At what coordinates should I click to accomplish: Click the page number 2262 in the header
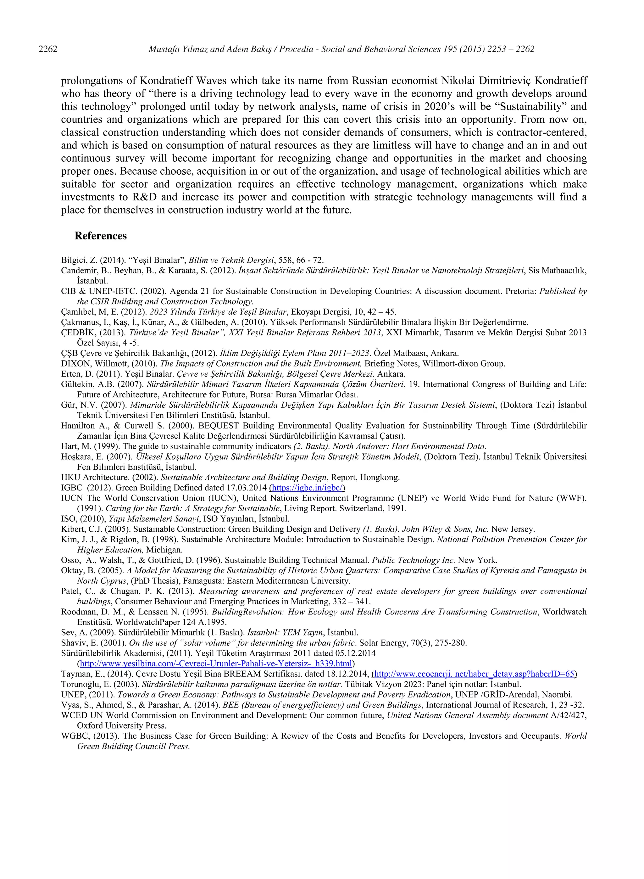point(48,49)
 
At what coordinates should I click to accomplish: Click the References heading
point(101,236)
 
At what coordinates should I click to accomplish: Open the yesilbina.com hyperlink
point(216,663)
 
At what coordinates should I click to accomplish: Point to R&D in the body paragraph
point(144,197)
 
